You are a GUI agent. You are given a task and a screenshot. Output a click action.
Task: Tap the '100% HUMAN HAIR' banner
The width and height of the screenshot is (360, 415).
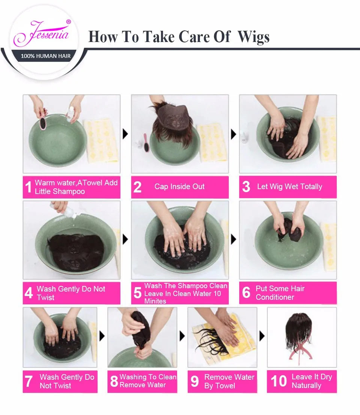pos(45,56)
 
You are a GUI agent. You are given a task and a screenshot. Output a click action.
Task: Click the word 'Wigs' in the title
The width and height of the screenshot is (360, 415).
pos(253,37)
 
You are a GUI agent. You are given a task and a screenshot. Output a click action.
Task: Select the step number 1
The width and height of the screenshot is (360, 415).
pos(28,187)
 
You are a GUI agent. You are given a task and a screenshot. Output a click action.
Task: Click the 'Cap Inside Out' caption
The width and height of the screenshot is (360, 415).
pos(179,186)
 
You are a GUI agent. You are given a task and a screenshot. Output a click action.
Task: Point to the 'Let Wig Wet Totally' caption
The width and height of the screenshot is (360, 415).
pos(289,186)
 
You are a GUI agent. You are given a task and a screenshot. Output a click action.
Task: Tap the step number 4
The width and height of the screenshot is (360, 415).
pos(29,293)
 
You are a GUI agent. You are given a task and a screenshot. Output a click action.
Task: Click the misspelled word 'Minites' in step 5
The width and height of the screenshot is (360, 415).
pos(155,301)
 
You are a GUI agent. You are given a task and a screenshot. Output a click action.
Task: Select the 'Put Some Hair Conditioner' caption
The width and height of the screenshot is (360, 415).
pos(280,293)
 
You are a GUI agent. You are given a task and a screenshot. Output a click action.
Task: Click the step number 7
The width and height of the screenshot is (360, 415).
pos(29,381)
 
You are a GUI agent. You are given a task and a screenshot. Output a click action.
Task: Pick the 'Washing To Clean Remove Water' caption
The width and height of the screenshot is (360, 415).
pos(148,381)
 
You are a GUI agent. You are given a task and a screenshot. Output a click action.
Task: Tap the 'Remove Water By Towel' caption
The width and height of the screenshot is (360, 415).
pos(229,381)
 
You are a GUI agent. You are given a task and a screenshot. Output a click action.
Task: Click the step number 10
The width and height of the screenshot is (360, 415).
pos(279,381)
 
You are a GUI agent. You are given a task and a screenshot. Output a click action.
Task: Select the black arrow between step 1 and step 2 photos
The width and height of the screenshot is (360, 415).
pos(125,134)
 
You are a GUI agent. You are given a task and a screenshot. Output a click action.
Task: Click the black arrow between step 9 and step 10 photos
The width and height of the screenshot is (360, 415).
pos(262,336)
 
